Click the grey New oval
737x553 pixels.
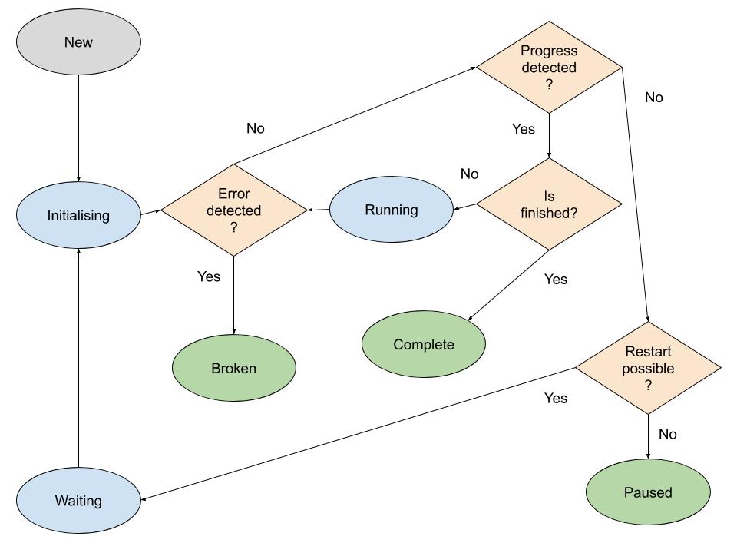click(78, 42)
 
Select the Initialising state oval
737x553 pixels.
click(78, 216)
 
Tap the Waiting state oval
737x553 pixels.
click(78, 501)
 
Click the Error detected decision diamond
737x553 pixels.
click(234, 210)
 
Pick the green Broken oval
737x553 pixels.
click(233, 368)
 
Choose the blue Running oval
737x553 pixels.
click(392, 210)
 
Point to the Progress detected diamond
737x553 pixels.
click(548, 68)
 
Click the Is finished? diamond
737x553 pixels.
click(549, 204)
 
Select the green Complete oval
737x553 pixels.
click(424, 345)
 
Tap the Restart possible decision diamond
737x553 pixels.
click(649, 369)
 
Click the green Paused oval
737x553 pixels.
click(648, 492)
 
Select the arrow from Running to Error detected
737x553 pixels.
click(319, 210)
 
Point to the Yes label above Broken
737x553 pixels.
click(209, 276)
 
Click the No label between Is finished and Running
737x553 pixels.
click(469, 174)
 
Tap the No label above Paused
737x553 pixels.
click(668, 434)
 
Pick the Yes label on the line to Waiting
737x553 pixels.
click(555, 398)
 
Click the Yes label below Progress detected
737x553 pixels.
click(523, 129)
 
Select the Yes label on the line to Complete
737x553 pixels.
click(555, 279)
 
